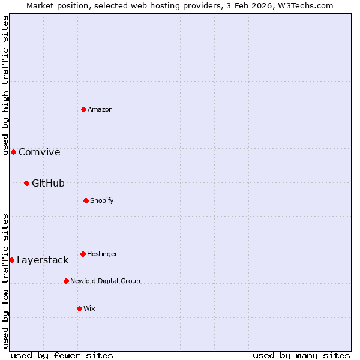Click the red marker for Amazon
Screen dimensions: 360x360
(83, 109)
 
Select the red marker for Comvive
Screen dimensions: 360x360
(13, 152)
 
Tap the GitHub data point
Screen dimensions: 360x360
(26, 183)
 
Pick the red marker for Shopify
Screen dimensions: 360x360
(86, 200)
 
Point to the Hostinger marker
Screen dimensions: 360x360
(83, 254)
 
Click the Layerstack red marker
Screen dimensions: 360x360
(11, 260)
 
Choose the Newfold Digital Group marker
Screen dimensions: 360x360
(66, 281)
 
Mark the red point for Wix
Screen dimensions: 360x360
(79, 308)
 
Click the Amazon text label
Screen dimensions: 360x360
(100, 109)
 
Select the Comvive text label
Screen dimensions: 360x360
(40, 152)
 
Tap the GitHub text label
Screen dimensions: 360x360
(48, 183)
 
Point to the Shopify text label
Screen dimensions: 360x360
(102, 200)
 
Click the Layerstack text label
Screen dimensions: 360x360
(43, 260)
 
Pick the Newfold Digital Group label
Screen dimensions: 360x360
(105, 281)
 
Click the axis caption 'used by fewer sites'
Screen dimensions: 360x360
(62, 355)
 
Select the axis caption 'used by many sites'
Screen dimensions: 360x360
(301, 355)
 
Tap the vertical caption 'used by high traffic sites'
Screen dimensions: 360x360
(5, 85)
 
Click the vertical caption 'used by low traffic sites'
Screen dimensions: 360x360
(5, 281)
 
